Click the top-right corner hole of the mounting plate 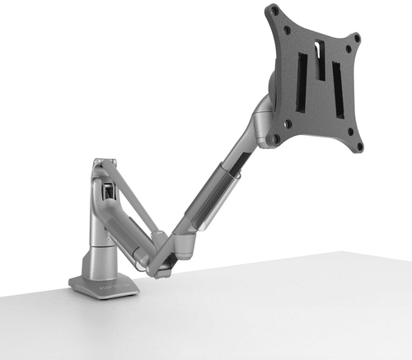(x=355, y=38)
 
